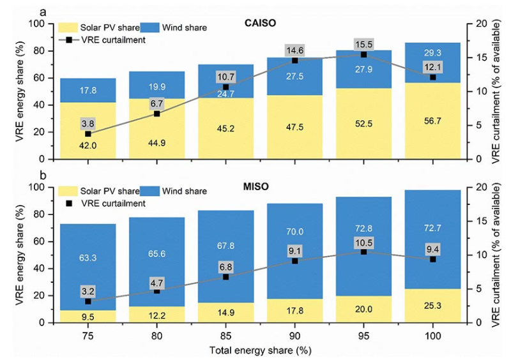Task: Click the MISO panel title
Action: pos(259,187)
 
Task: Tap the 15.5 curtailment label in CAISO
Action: pos(363,45)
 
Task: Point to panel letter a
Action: pos(42,11)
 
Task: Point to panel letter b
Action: pos(42,176)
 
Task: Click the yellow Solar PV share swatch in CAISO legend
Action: pos(68,27)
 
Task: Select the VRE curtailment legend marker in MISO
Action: pos(68,203)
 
